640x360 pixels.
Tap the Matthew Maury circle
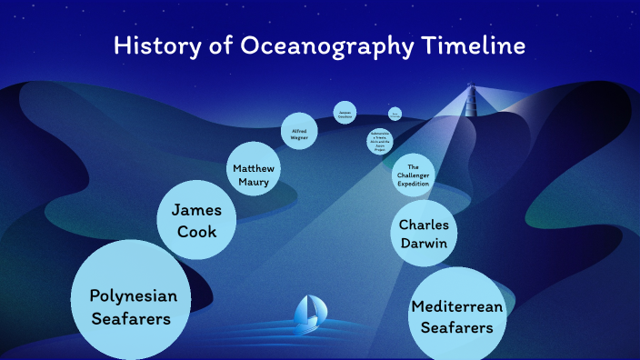click(254, 169)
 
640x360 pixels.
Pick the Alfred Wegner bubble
click(299, 133)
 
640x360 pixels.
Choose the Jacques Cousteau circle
click(345, 113)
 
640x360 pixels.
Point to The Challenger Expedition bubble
click(413, 175)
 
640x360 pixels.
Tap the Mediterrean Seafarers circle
click(456, 315)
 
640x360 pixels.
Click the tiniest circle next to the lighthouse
click(395, 114)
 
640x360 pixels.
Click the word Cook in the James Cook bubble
click(197, 232)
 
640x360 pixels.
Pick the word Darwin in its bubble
click(425, 244)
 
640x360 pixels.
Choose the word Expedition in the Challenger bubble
click(413, 184)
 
